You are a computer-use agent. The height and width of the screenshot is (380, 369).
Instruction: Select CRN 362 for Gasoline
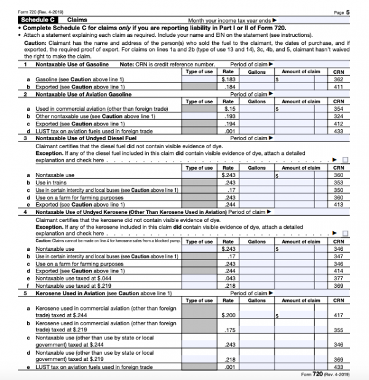point(338,79)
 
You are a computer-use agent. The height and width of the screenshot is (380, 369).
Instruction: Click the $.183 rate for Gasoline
point(229,79)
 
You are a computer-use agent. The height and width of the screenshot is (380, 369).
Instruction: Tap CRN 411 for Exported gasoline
point(338,85)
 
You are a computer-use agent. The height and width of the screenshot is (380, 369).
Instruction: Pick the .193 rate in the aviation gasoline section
point(229,115)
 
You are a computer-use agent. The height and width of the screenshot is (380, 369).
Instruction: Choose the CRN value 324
point(338,115)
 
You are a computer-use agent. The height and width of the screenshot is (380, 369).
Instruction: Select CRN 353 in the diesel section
point(338,182)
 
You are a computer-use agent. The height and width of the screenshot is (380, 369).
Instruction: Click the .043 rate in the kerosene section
point(229,277)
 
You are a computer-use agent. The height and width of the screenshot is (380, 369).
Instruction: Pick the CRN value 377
point(338,277)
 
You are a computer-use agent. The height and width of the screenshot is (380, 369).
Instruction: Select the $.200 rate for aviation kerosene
point(229,315)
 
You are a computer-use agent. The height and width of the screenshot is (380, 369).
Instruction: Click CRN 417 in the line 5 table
point(338,315)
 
